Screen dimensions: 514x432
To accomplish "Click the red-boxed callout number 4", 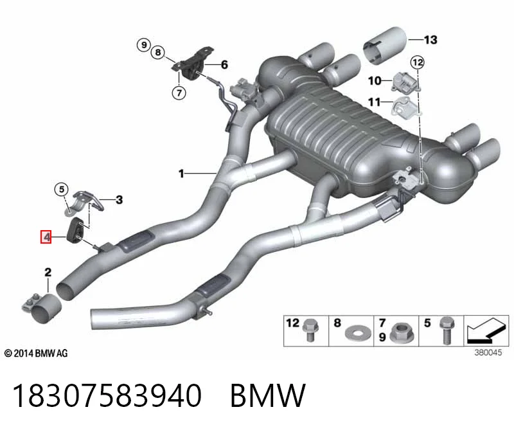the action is [x=46, y=237].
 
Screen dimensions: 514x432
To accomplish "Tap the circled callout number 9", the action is [x=143, y=44].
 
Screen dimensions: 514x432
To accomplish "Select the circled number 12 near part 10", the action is [x=417, y=62].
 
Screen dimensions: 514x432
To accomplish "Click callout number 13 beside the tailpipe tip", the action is [x=430, y=40].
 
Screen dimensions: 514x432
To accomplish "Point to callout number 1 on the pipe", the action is [x=181, y=173].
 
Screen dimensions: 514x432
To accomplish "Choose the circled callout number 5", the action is [x=61, y=189].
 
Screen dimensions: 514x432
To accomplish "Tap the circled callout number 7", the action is [x=179, y=93].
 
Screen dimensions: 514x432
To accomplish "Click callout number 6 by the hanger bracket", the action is [x=224, y=65].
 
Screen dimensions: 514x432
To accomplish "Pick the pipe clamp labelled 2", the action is [x=42, y=308].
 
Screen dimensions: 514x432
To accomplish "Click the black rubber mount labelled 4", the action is [x=75, y=230].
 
